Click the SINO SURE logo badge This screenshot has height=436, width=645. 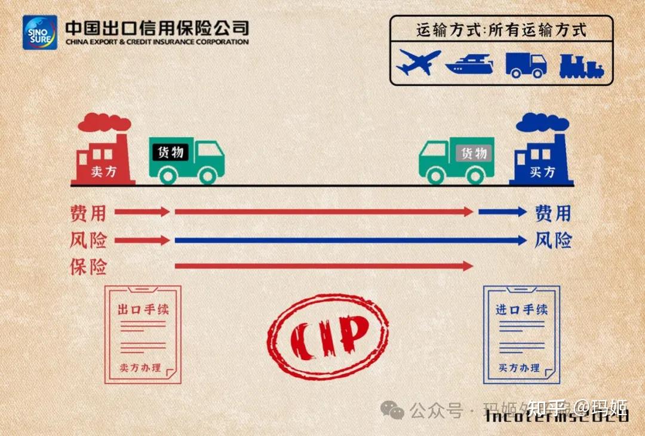coord(40,32)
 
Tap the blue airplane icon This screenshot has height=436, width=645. coord(418,62)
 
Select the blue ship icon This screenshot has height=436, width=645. coord(469,63)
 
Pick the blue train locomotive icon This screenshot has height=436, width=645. coord(580,65)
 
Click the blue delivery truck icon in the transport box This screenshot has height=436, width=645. coord(526,64)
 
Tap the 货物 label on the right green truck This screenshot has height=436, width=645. coord(474,153)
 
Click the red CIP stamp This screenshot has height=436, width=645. coord(327,336)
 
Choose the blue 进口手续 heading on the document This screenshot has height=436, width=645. coord(521,309)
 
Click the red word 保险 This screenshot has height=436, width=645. coord(88,266)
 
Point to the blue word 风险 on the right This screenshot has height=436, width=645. coord(553,241)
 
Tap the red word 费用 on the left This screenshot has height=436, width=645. coord(88,212)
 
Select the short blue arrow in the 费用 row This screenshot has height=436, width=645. coord(502,211)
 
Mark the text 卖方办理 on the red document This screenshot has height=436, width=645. coord(140,368)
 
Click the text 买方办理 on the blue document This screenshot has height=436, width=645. coord(520,368)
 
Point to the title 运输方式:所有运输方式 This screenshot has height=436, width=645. coord(501,30)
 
